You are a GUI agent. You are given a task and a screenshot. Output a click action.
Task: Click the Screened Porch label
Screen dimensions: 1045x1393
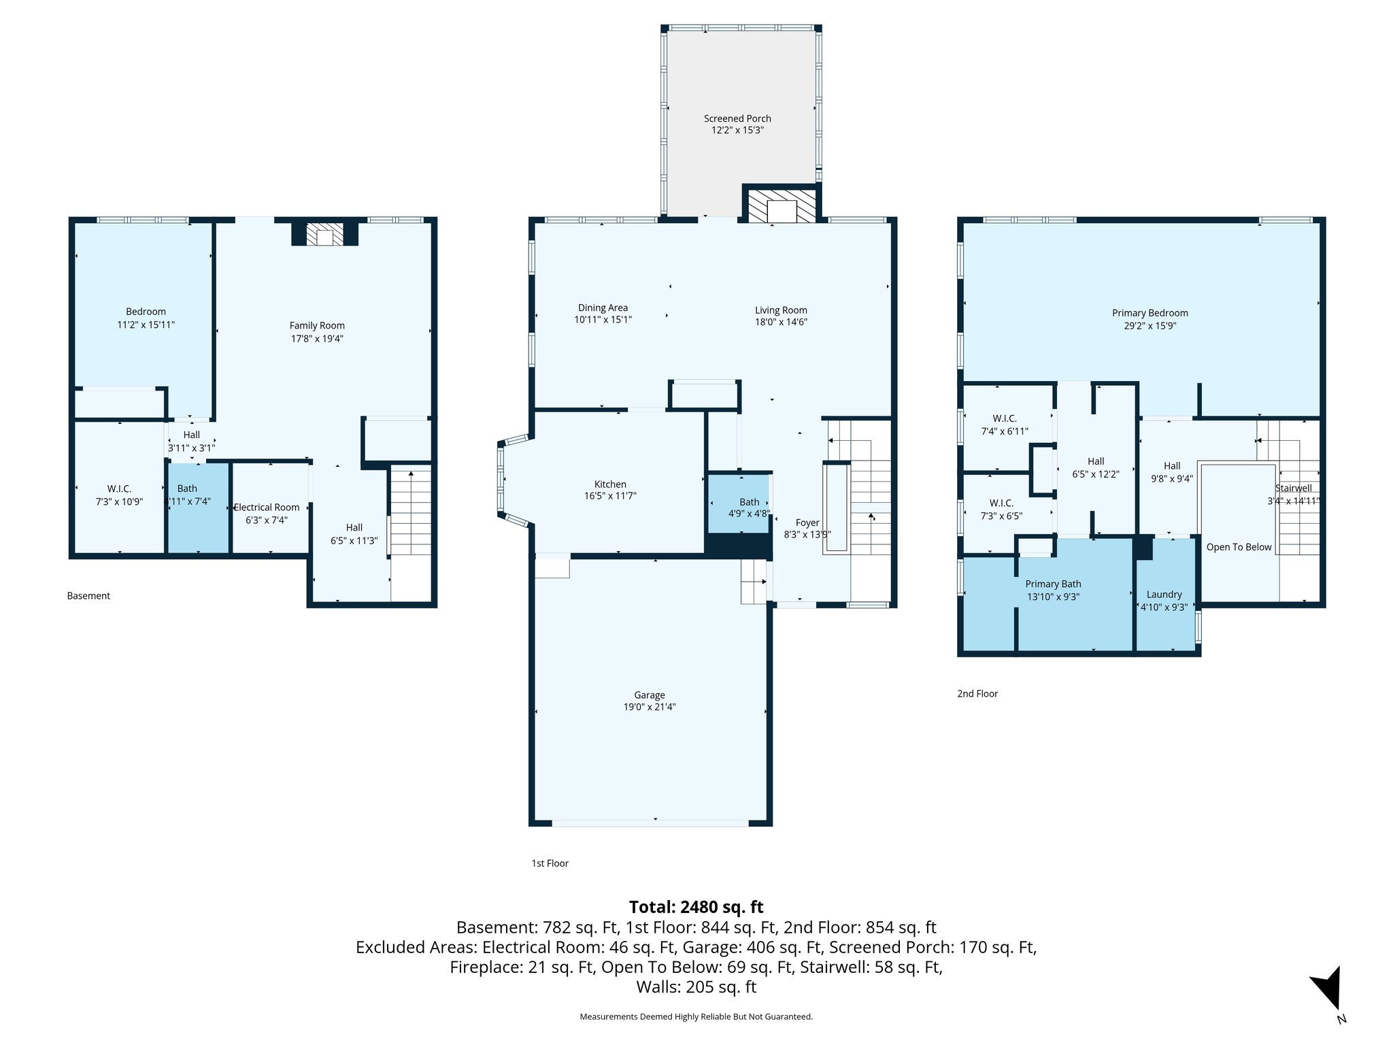737,118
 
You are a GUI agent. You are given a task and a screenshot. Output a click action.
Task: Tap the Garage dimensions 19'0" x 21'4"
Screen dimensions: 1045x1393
650,707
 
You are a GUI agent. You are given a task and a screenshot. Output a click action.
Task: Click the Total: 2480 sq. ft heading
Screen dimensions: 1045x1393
696,907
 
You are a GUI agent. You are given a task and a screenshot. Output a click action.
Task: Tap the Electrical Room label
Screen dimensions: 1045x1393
267,508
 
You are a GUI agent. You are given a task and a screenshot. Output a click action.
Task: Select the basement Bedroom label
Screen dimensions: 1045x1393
146,312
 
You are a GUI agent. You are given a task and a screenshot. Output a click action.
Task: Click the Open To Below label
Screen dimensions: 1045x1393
1239,547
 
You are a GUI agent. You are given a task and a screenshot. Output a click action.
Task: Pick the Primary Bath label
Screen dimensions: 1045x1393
1053,584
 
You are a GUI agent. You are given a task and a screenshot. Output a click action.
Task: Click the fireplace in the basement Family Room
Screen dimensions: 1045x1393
325,235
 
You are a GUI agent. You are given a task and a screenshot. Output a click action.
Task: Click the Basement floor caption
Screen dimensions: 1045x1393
88,596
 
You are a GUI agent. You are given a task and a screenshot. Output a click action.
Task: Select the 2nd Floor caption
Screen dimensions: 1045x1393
977,694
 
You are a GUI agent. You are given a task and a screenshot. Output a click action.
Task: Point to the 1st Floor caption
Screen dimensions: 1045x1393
550,863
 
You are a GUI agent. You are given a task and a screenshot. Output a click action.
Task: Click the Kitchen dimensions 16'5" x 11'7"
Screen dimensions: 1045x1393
610,497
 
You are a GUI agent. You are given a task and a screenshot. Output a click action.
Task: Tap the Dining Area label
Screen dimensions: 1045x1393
603,308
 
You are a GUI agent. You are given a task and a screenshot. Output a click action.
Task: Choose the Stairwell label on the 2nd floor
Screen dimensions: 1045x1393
1293,488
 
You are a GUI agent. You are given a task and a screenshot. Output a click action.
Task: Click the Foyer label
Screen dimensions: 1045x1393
807,522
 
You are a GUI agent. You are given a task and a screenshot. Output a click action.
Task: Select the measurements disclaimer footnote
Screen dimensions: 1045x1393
696,1016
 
